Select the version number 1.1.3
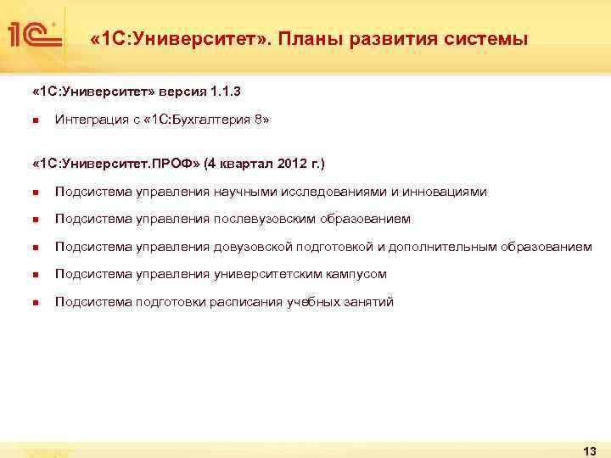point(233,91)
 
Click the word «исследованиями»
point(341,192)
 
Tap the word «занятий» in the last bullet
point(369,302)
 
